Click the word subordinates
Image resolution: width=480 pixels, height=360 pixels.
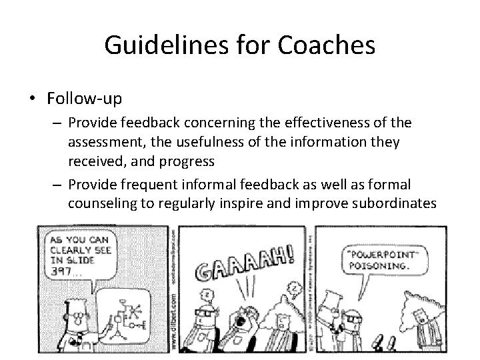(x=392, y=202)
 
